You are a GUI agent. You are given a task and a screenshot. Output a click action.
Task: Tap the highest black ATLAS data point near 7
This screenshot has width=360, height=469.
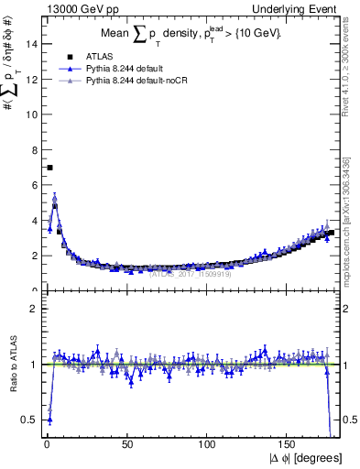[49, 168]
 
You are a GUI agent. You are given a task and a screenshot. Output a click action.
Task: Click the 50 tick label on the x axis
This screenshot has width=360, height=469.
[127, 446]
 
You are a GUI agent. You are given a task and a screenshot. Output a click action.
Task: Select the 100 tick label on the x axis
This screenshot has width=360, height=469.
[208, 446]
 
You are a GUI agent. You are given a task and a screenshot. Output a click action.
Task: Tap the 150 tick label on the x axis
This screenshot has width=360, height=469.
[289, 446]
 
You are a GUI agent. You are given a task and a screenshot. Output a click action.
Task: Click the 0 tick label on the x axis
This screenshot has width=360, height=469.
[47, 446]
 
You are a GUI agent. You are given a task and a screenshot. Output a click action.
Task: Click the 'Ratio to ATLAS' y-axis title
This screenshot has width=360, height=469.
[12, 365]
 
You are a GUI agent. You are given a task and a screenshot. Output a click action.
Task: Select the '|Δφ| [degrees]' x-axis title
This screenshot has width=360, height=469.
[301, 458]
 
